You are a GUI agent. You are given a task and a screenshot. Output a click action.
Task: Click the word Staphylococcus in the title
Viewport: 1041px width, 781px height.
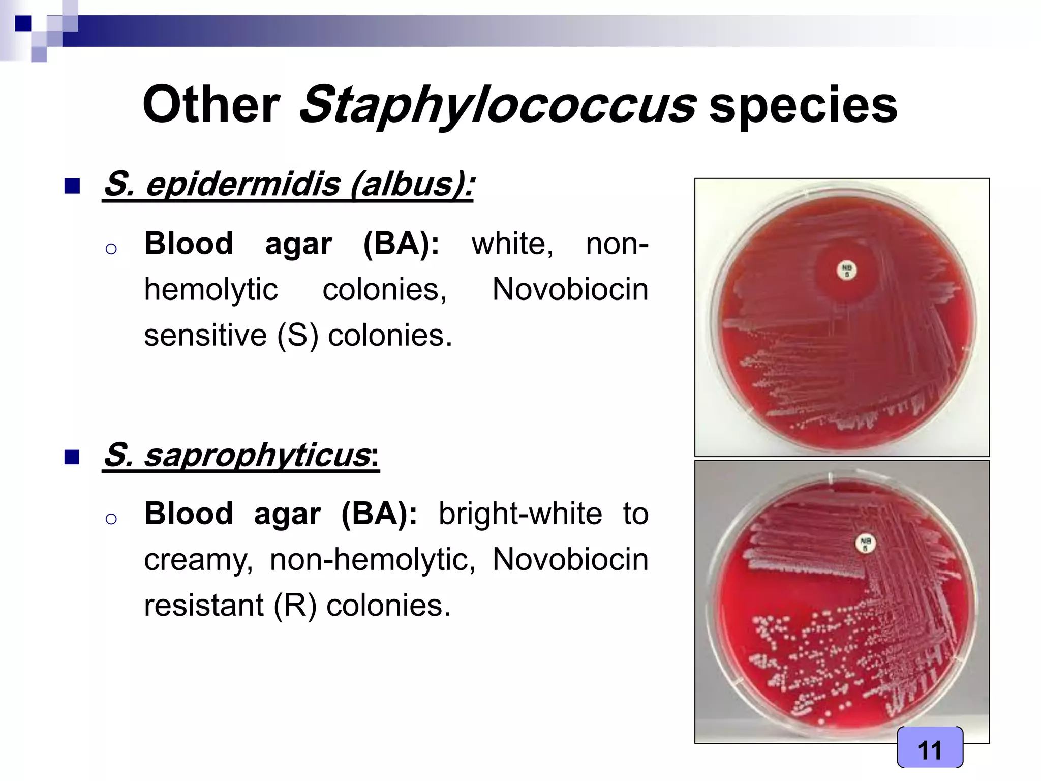coord(497,105)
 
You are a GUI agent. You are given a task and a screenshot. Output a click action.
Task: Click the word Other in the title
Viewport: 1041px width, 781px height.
coord(211,105)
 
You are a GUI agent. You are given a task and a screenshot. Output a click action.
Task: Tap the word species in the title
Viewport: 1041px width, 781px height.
coord(803,105)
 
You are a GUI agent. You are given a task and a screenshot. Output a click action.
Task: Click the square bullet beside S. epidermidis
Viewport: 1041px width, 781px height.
coord(73,187)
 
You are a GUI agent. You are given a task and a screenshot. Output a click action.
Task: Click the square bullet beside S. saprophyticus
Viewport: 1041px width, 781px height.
coord(73,457)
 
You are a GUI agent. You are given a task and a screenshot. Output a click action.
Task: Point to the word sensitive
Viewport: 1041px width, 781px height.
coord(205,336)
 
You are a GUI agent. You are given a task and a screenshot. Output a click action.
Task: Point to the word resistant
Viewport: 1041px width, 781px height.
coord(204,606)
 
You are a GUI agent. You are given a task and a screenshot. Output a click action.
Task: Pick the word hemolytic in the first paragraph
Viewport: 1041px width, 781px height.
coord(210,290)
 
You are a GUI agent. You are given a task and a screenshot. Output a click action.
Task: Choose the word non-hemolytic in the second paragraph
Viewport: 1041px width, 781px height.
coord(372,560)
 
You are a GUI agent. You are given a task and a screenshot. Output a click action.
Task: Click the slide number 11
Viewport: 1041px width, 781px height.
coord(930,750)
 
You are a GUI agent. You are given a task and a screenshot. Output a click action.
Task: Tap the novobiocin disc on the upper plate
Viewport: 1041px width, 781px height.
coord(846,271)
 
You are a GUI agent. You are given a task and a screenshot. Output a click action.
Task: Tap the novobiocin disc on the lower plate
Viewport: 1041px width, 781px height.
coord(865,544)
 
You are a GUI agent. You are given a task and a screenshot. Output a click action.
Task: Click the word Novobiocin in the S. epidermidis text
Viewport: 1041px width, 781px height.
coord(570,290)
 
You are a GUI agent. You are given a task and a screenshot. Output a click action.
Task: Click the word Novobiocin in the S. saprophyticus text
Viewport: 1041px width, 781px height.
coord(570,560)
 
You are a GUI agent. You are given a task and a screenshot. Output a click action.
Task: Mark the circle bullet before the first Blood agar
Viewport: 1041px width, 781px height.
coord(111,249)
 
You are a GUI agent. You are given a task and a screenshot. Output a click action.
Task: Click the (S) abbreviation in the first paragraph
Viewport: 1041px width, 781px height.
coord(297,336)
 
